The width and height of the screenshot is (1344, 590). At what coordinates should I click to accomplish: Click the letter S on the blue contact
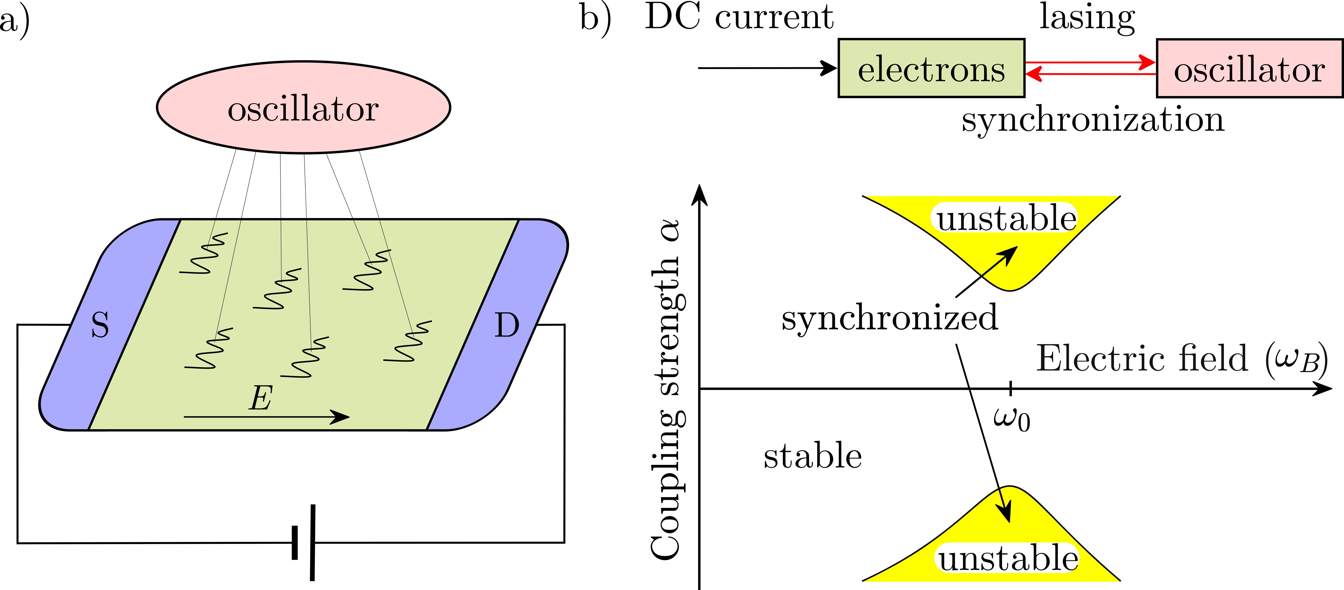[x=100, y=325]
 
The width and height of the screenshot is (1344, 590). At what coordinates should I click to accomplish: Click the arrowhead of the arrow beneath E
[x=342, y=417]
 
